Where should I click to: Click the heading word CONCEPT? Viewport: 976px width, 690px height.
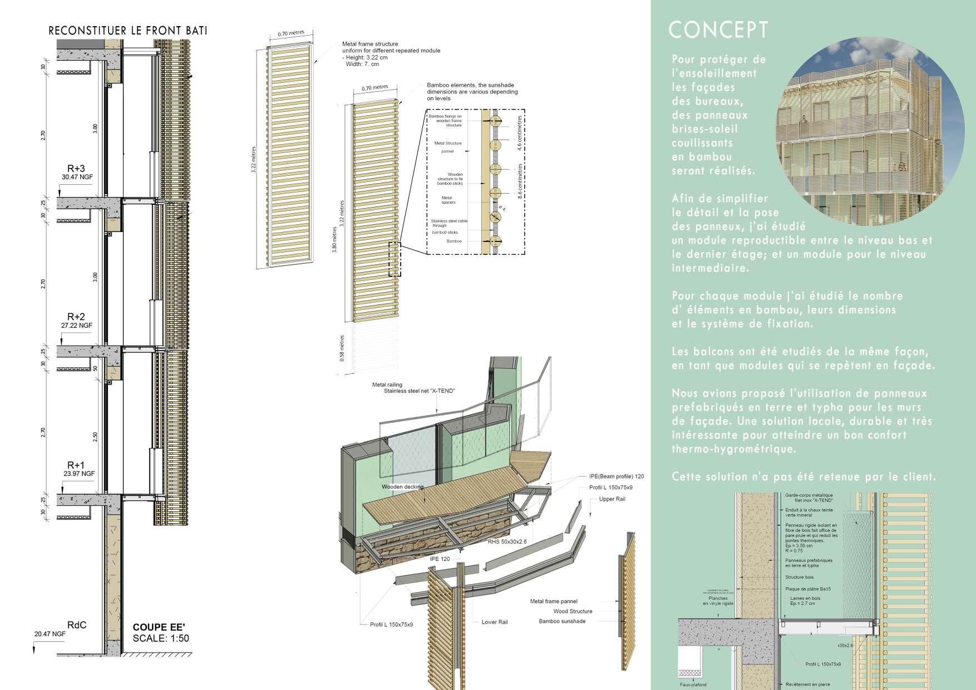pos(718,30)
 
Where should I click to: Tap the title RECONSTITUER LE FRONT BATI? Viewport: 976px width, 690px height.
pos(128,31)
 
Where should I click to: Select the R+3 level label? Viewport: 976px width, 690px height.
pos(76,169)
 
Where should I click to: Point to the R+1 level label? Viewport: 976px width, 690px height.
pos(76,465)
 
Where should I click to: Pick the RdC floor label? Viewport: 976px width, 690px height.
pos(76,624)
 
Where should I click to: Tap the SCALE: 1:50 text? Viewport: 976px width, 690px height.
pos(161,638)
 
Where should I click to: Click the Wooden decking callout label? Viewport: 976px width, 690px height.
pos(402,487)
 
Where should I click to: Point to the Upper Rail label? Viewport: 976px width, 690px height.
pos(612,499)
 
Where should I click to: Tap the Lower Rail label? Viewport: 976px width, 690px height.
pos(495,622)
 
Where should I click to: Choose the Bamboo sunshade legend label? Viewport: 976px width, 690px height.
pos(562,621)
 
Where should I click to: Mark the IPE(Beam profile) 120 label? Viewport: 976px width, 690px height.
pos(616,476)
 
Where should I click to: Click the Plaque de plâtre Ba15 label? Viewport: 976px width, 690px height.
pos(808,589)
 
